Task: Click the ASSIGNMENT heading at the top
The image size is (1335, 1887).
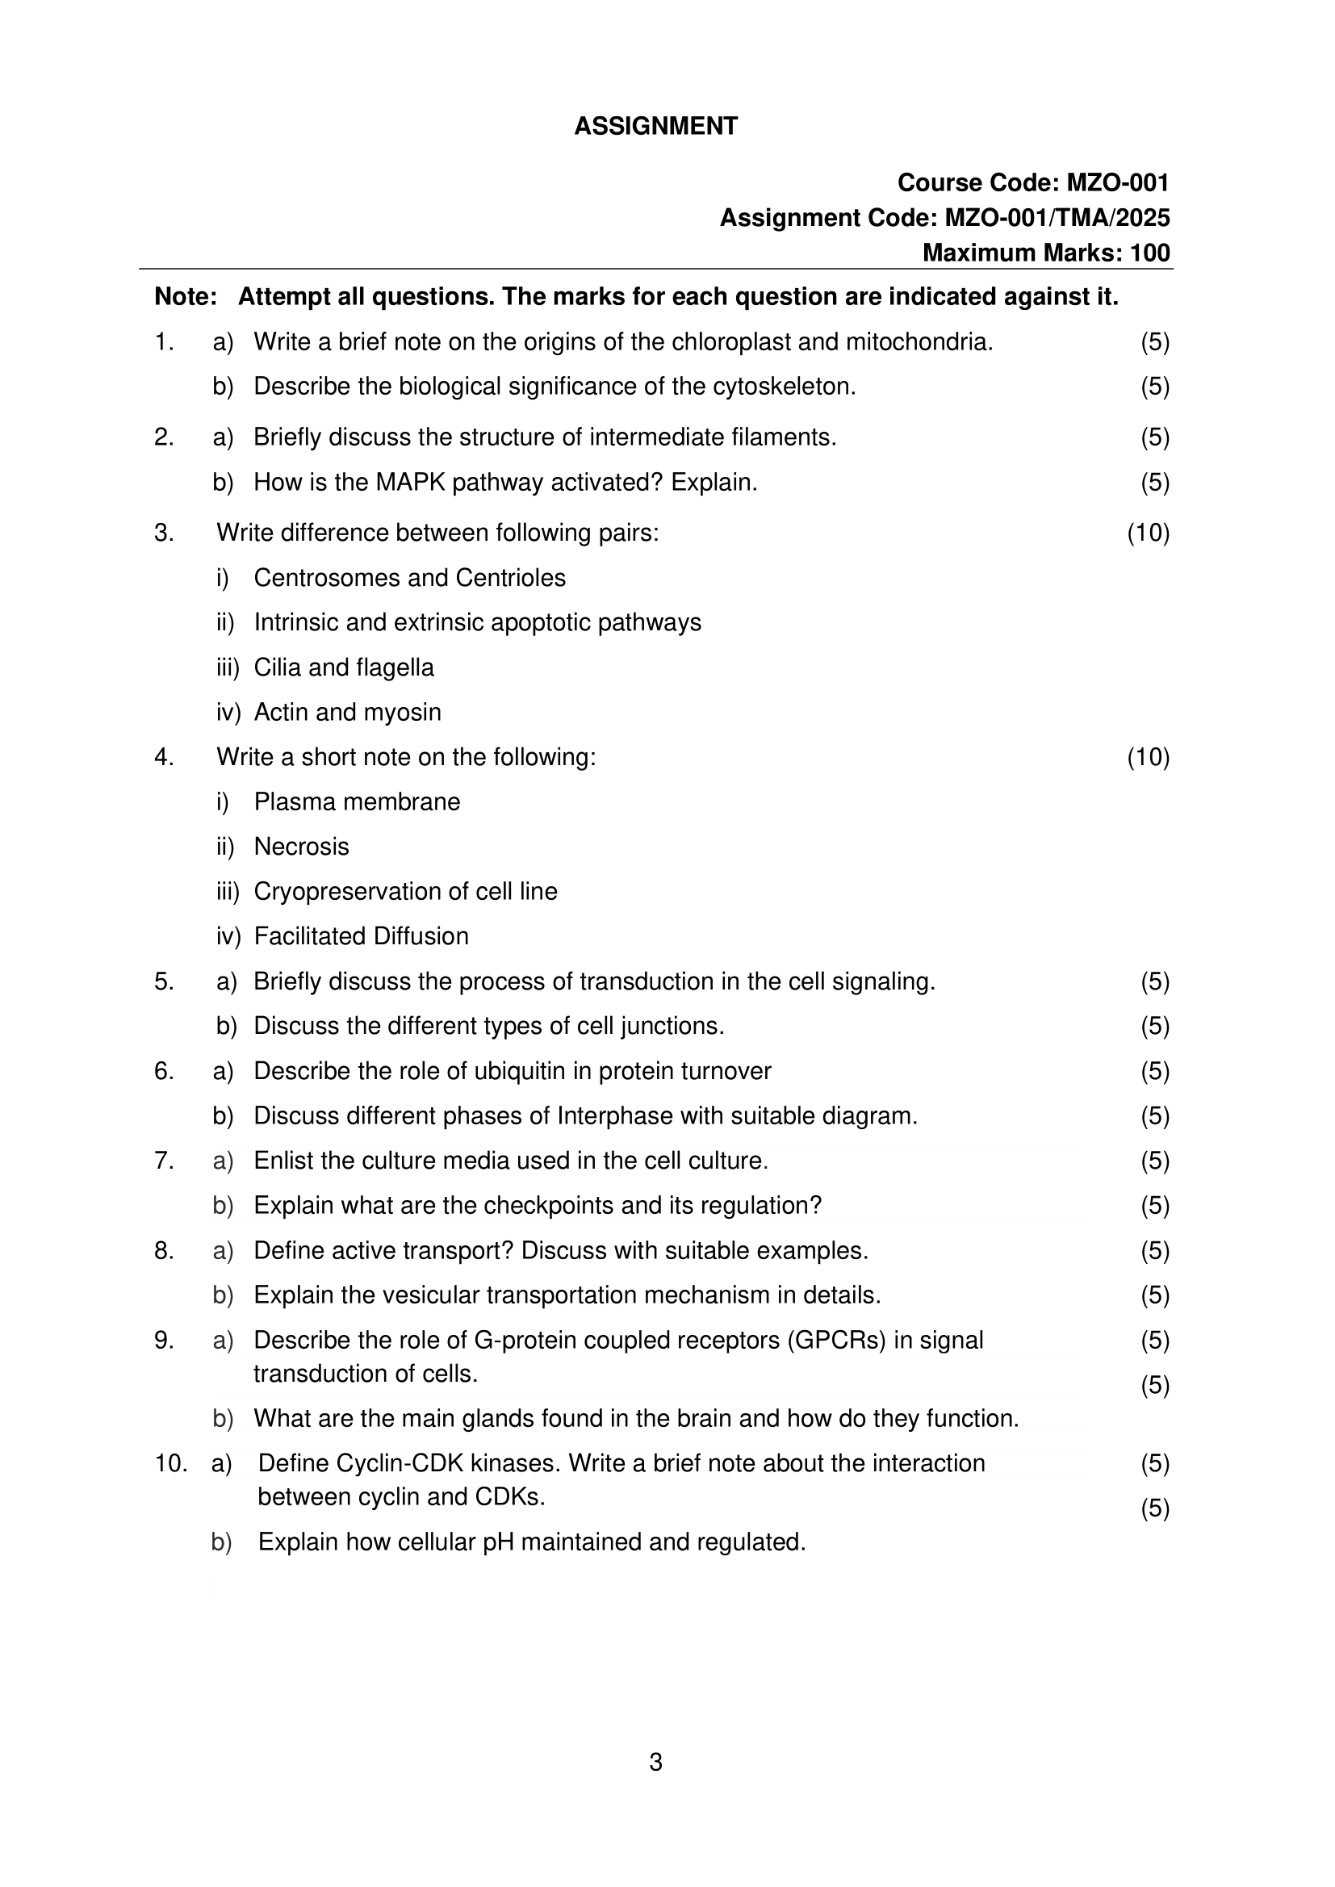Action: click(x=655, y=126)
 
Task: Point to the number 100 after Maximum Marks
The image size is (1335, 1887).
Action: click(x=1149, y=253)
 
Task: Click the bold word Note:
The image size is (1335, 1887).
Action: click(x=186, y=297)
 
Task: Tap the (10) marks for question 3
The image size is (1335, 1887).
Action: click(x=1148, y=533)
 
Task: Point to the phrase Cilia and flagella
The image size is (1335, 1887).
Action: click(x=344, y=667)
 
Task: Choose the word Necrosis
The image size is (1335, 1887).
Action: click(x=301, y=847)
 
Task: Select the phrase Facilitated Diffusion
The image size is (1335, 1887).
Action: click(x=361, y=936)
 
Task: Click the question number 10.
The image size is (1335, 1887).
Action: click(x=170, y=1464)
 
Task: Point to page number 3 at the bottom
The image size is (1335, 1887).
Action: click(x=655, y=1762)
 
